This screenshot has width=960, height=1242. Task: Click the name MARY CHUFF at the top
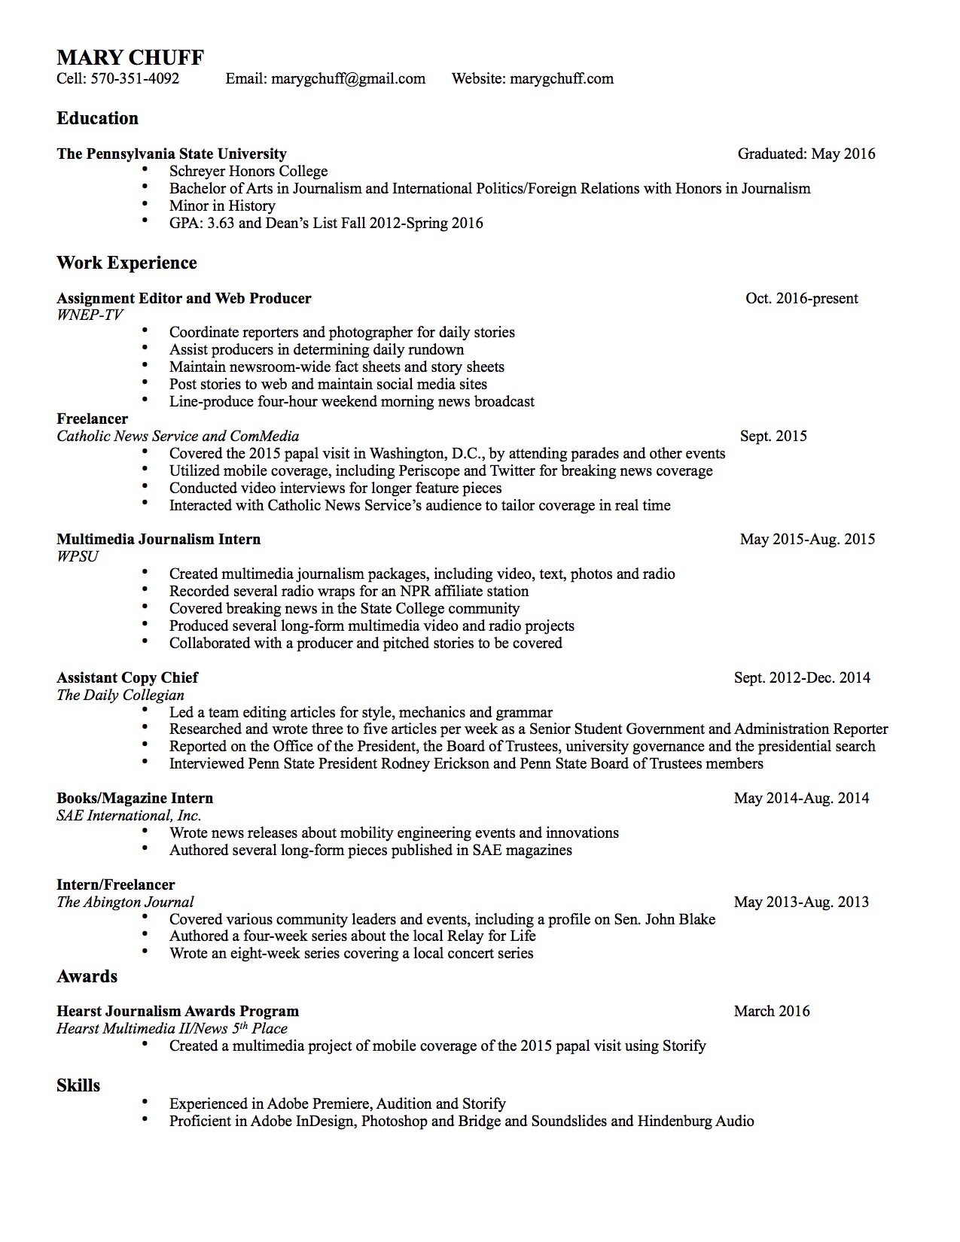[x=130, y=58]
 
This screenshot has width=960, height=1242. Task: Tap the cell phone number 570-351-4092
[x=136, y=79]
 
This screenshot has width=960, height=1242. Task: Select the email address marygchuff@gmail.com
[x=348, y=79]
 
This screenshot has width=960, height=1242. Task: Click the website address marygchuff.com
[x=562, y=79]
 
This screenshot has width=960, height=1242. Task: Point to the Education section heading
[x=97, y=118]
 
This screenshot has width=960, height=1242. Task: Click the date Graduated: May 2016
[x=806, y=154]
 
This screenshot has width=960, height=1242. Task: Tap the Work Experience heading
[x=126, y=263]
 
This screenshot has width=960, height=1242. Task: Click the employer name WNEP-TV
[x=90, y=315]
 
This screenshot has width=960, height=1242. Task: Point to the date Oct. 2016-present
[x=801, y=299]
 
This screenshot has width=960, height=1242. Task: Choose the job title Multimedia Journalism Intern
[x=158, y=540]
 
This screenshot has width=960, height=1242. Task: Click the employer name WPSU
[x=78, y=557]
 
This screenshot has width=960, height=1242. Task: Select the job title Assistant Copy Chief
[x=127, y=677]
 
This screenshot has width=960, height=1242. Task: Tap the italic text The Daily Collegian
[x=120, y=695]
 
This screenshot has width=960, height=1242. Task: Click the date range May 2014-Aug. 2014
[x=801, y=799]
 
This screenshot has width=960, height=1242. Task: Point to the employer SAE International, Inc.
[x=129, y=816]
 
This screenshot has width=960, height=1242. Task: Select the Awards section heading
[x=87, y=976]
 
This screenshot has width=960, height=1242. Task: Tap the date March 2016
[x=772, y=1012]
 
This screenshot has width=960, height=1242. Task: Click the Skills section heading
[x=78, y=1085]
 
